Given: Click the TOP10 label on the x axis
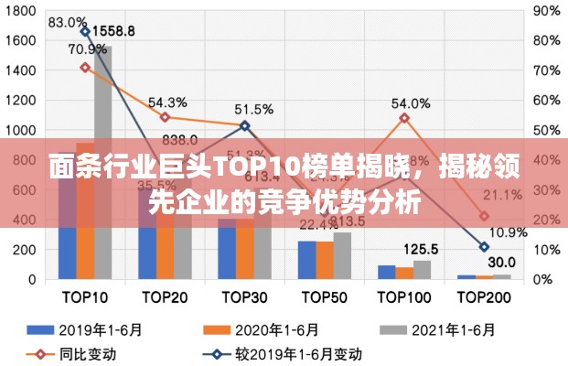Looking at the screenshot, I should [84, 297].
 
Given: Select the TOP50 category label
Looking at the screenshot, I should [325, 297].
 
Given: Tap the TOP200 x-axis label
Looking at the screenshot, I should [485, 297].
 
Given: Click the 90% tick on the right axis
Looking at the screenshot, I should [546, 11].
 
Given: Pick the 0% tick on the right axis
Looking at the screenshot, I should [542, 279].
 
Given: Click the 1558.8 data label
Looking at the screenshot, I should [113, 30].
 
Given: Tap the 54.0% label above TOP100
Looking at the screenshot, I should [411, 103].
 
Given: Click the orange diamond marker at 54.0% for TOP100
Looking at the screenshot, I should [404, 118].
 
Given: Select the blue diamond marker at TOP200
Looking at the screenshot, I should [484, 247].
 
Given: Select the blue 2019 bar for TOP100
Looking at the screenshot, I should [387, 272].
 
